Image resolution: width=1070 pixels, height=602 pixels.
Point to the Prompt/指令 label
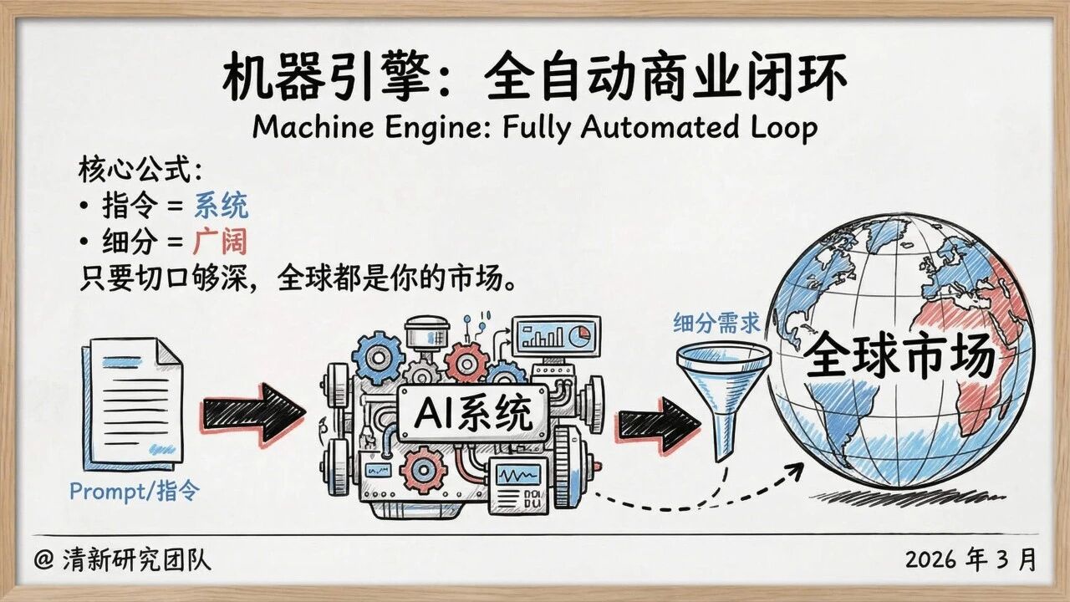coord(135,491)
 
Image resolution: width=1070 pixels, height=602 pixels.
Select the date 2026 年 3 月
coord(970,559)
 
